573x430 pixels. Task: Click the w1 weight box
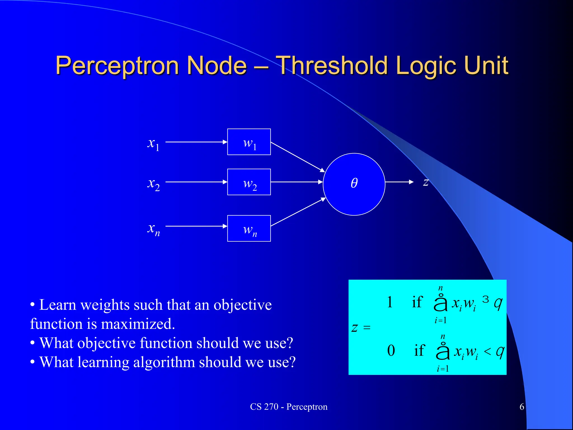point(249,142)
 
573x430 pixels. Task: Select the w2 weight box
point(249,182)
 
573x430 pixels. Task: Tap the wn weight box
point(249,228)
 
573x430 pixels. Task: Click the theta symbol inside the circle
point(354,183)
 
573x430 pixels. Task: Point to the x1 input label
point(153,144)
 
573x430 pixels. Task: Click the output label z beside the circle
point(426,182)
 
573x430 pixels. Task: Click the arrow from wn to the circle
point(298,212)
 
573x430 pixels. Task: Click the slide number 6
point(522,407)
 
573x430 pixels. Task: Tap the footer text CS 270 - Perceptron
point(289,407)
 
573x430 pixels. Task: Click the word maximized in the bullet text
point(138,324)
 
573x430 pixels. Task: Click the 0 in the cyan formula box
point(391,350)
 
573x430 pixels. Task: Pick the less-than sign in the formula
point(487,351)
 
